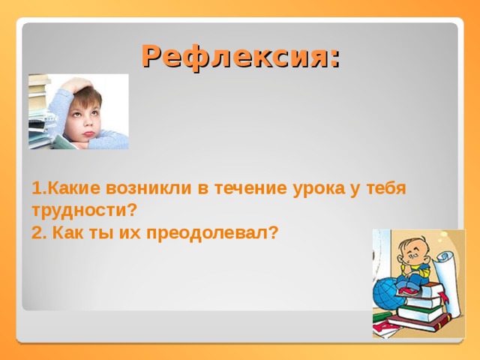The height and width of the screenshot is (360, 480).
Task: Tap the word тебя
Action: [386, 188]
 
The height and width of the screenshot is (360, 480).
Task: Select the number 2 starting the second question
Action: [37, 233]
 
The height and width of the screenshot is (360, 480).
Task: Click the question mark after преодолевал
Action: [273, 233]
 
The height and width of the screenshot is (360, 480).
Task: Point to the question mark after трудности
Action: [130, 211]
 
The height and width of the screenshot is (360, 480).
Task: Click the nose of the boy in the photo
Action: [89, 123]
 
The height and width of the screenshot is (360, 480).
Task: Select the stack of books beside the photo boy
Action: [40, 112]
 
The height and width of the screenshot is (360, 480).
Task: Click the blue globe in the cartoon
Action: [385, 293]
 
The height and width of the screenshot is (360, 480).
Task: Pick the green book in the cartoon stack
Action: [420, 313]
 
